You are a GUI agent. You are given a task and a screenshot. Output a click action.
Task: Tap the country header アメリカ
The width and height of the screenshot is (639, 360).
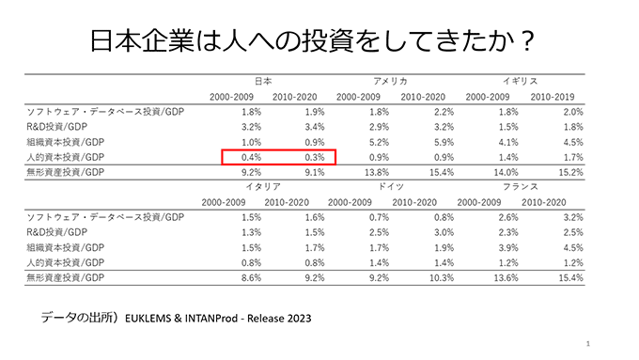390,82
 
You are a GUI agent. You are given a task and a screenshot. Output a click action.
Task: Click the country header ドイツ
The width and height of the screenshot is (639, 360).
390,187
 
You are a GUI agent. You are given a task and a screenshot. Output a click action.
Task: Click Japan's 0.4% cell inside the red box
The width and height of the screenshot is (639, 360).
250,157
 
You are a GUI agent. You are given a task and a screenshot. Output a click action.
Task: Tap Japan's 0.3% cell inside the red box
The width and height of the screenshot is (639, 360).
313,157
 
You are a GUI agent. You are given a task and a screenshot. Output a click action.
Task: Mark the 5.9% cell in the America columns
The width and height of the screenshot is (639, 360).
434,142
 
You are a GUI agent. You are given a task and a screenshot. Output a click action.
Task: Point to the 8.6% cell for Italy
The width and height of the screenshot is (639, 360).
250,278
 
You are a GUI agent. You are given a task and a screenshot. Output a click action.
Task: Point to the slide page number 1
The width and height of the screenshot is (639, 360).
586,345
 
